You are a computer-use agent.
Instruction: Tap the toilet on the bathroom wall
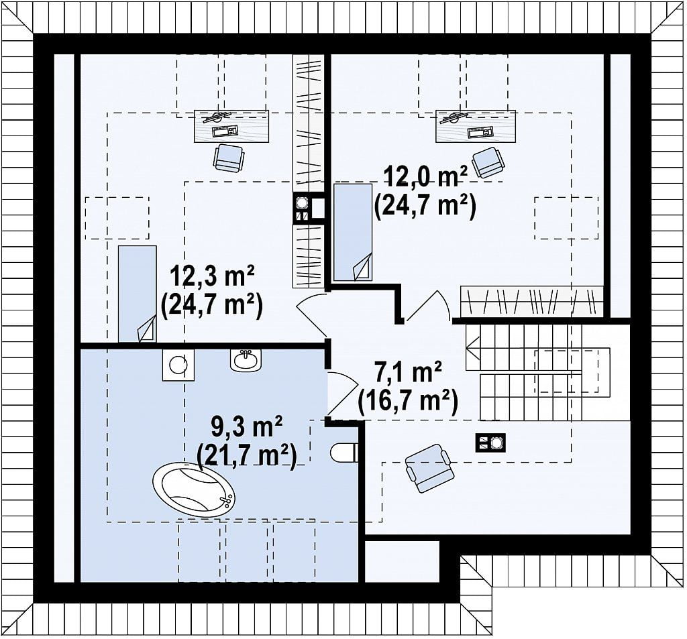(344, 452)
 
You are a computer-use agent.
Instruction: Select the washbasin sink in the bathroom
(246, 360)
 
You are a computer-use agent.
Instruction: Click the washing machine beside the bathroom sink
(178, 364)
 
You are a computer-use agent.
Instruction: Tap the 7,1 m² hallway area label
(407, 373)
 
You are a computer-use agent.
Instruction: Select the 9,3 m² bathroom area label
(247, 427)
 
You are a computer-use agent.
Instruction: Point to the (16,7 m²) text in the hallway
(408, 401)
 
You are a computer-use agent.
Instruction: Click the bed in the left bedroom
(137, 294)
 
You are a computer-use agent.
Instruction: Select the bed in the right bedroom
(353, 232)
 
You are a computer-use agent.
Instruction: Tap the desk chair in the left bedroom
(228, 158)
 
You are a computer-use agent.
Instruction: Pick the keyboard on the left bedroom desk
(225, 131)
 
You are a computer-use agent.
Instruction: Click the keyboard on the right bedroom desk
(480, 132)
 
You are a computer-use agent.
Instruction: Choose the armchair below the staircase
(429, 468)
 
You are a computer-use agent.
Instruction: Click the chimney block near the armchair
(490, 443)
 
